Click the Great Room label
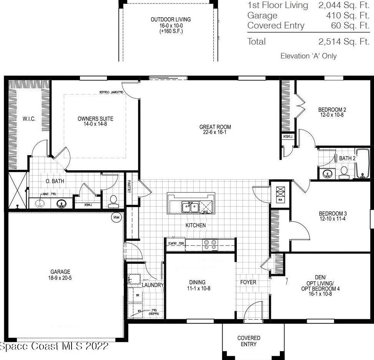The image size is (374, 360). click(x=215, y=127)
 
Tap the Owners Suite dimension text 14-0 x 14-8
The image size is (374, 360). click(x=95, y=124)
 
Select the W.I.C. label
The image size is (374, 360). click(x=29, y=119)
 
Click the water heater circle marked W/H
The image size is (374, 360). click(x=116, y=218)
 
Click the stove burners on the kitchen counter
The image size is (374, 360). click(x=210, y=245)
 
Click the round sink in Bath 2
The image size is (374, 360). click(x=327, y=174)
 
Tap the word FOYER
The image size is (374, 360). click(x=248, y=282)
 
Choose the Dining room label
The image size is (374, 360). click(x=197, y=282)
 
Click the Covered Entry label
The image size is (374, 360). click(x=249, y=341)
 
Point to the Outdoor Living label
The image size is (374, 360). click(x=171, y=20)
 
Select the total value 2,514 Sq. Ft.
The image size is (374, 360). click(x=344, y=41)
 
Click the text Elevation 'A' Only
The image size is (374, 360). click(x=308, y=56)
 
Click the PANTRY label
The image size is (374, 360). click(x=129, y=187)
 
